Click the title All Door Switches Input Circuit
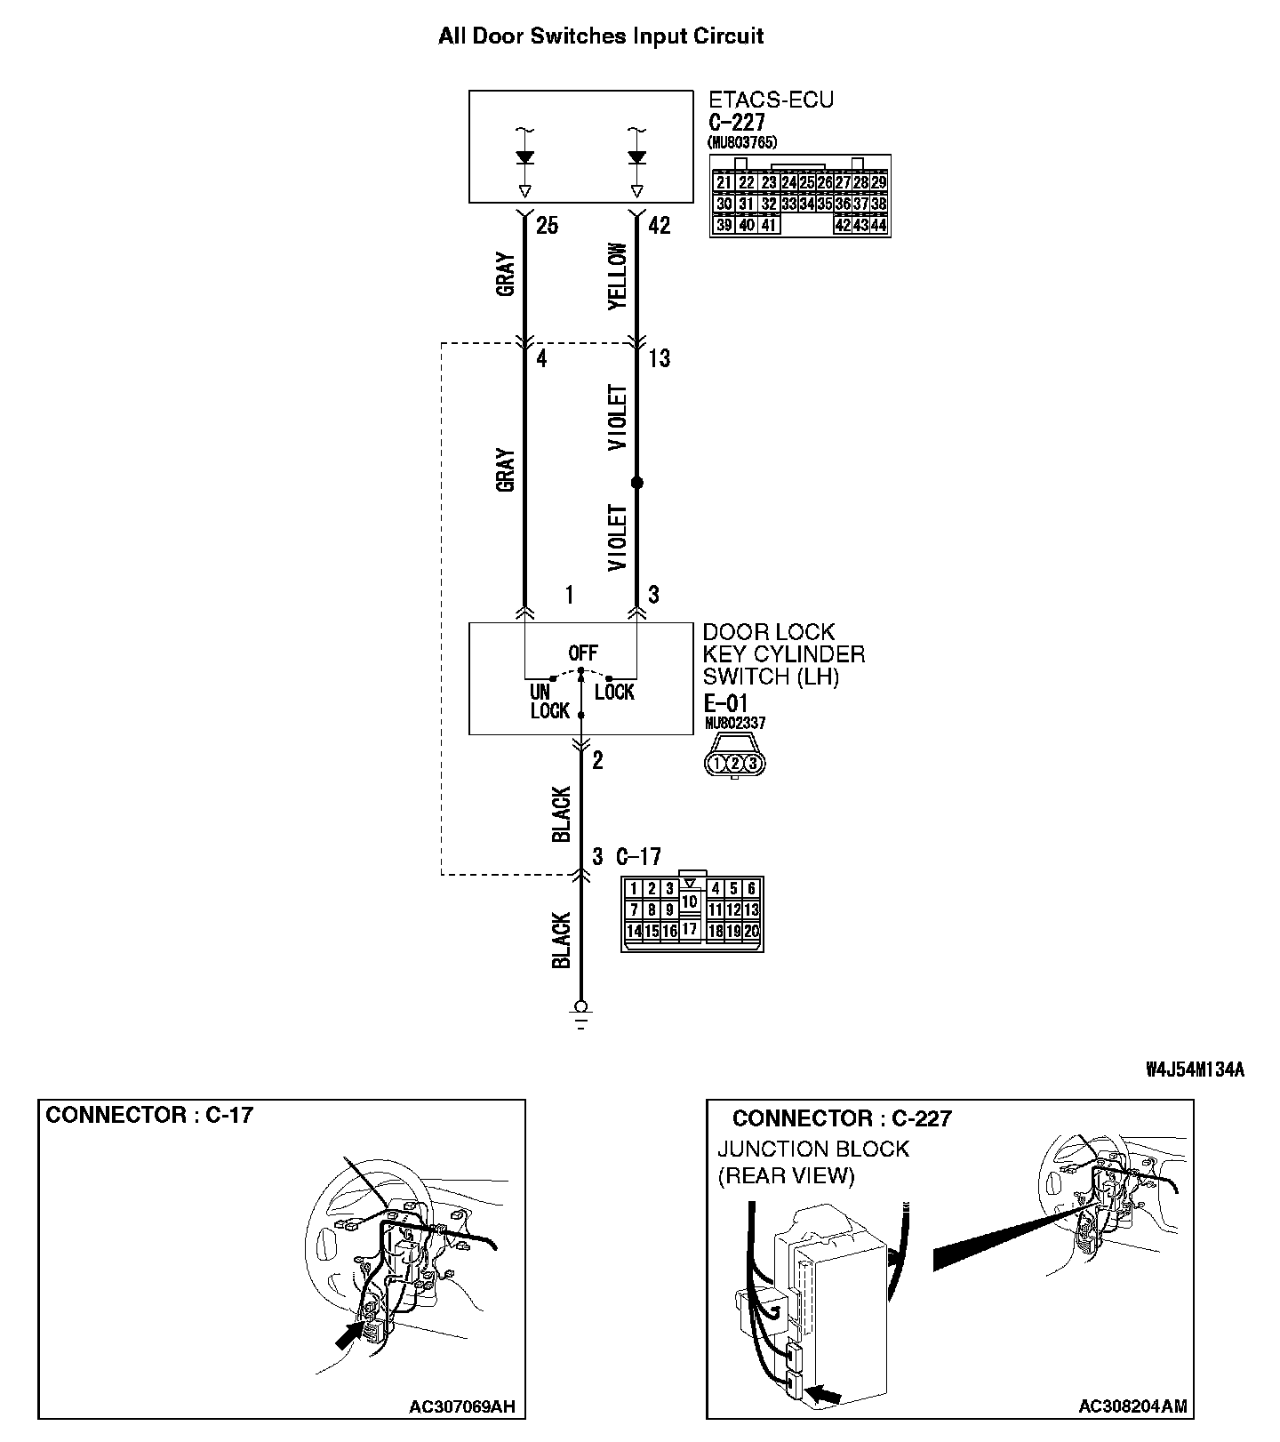pyautogui.click(x=601, y=36)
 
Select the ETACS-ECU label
pyautogui.click(x=771, y=100)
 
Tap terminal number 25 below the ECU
pyautogui.click(x=547, y=226)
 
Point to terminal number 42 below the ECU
pyautogui.click(x=659, y=226)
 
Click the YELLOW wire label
pyautogui.click(x=618, y=276)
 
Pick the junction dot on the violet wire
pyautogui.click(x=636, y=483)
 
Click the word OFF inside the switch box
pyautogui.click(x=583, y=653)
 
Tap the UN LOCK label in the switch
pyautogui.click(x=548, y=701)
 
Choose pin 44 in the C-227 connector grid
pyautogui.click(x=878, y=226)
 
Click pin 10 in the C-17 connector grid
pyautogui.click(x=690, y=901)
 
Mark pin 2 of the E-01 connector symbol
pyautogui.click(x=735, y=763)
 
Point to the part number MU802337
pyautogui.click(x=734, y=724)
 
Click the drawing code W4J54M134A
pyautogui.click(x=1195, y=1070)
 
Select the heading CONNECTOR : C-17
pyautogui.click(x=149, y=1115)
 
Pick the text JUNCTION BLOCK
pyautogui.click(x=813, y=1149)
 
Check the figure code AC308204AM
pyautogui.click(x=1132, y=1406)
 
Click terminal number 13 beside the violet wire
pyautogui.click(x=659, y=359)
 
